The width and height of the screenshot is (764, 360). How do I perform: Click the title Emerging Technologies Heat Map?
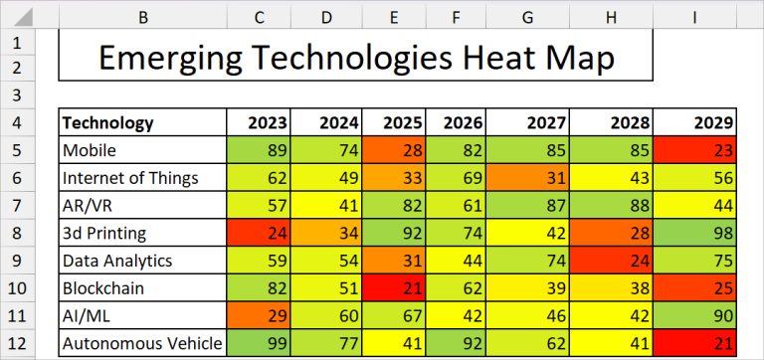point(355,57)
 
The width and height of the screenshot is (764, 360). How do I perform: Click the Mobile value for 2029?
point(695,151)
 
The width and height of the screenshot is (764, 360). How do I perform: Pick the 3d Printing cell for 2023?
point(259,234)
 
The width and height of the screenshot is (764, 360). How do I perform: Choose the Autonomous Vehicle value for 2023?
point(259,344)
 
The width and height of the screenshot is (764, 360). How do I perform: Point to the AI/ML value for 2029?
point(695,316)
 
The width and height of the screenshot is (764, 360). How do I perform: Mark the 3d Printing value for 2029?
point(695,234)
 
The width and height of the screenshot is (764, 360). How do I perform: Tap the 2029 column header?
point(695,123)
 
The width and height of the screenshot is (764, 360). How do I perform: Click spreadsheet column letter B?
point(142,16)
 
